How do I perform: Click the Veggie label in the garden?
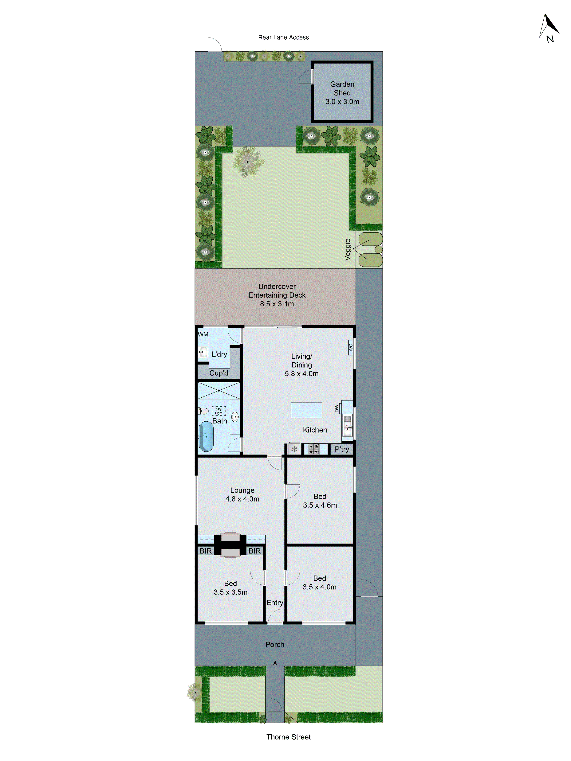point(348,249)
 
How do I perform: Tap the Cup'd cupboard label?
point(219,373)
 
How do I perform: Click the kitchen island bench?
point(306,410)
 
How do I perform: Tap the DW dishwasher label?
point(337,408)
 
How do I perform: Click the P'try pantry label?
point(342,449)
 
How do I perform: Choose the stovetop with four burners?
point(313,449)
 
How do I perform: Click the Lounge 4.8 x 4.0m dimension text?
point(242,499)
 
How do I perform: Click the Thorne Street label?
point(288,737)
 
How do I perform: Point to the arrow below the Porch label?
point(275,666)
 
